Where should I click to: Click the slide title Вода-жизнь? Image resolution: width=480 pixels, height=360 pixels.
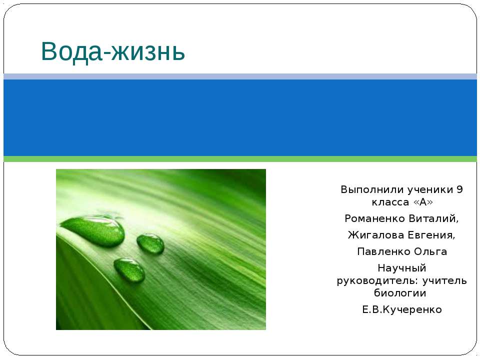(x=113, y=50)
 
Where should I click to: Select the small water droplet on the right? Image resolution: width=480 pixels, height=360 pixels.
(x=150, y=243)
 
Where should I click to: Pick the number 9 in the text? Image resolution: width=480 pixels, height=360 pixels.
(x=459, y=190)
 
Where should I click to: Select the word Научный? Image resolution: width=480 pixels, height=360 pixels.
(x=401, y=268)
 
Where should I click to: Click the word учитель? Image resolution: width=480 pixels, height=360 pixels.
(x=445, y=280)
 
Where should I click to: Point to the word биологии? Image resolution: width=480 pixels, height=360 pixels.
(x=401, y=292)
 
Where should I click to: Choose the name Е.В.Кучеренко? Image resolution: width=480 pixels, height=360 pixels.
(x=401, y=309)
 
